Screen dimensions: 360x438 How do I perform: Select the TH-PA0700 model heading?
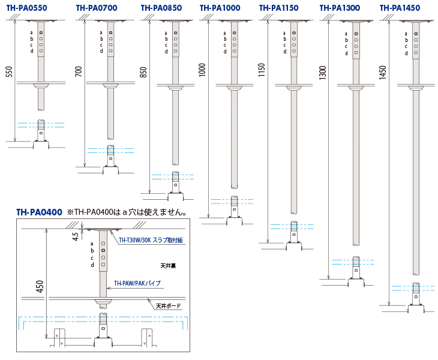pyautogui.click(x=97, y=8)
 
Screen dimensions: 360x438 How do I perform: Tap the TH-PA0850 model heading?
pyautogui.click(x=161, y=8)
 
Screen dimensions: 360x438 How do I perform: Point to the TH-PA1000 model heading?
pyautogui.click(x=220, y=8)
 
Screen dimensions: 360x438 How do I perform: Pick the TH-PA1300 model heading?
pyautogui.click(x=340, y=8)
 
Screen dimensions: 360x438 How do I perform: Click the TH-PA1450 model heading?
pyautogui.click(x=400, y=8)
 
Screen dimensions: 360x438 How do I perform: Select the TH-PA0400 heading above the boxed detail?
pyautogui.click(x=39, y=212)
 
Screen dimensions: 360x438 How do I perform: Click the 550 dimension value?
pyautogui.click(x=8, y=72)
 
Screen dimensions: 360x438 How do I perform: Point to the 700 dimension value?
pyautogui.click(x=79, y=73)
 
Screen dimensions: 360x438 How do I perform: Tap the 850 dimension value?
pyautogui.click(x=143, y=72)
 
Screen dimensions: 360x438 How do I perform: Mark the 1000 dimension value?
pyautogui.click(x=202, y=70)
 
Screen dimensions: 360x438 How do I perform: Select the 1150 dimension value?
pyautogui.click(x=262, y=71)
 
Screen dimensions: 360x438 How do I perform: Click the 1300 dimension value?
pyautogui.click(x=323, y=73)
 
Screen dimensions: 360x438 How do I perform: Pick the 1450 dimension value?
pyautogui.click(x=383, y=73)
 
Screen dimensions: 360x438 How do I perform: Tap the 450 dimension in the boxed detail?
pyautogui.click(x=40, y=286)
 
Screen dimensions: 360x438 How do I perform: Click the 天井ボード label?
pyautogui.click(x=168, y=306)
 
